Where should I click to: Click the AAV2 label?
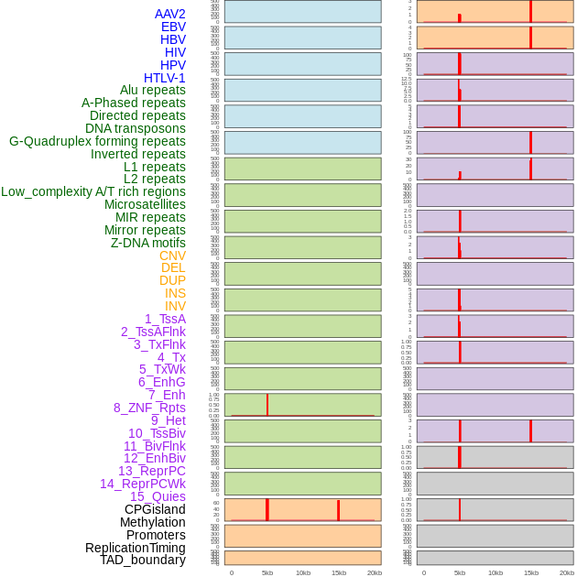(170, 14)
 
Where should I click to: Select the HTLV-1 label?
(165, 78)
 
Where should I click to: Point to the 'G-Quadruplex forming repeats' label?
(97, 141)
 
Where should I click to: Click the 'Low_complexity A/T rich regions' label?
(93, 191)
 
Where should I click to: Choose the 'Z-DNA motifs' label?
(148, 243)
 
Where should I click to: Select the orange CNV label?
(172, 256)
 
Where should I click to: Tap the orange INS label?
(175, 293)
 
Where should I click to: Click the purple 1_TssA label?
(165, 319)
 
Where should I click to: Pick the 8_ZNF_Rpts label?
(149, 408)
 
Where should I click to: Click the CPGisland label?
(155, 509)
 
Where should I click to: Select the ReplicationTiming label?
(136, 548)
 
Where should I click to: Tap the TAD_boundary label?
(143, 560)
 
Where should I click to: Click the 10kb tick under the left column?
(303, 572)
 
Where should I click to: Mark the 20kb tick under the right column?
(567, 572)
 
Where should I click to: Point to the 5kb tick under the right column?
(460, 572)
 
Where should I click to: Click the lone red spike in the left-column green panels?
(267, 404)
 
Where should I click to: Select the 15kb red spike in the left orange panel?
(339, 510)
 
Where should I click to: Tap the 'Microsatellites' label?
(145, 204)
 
